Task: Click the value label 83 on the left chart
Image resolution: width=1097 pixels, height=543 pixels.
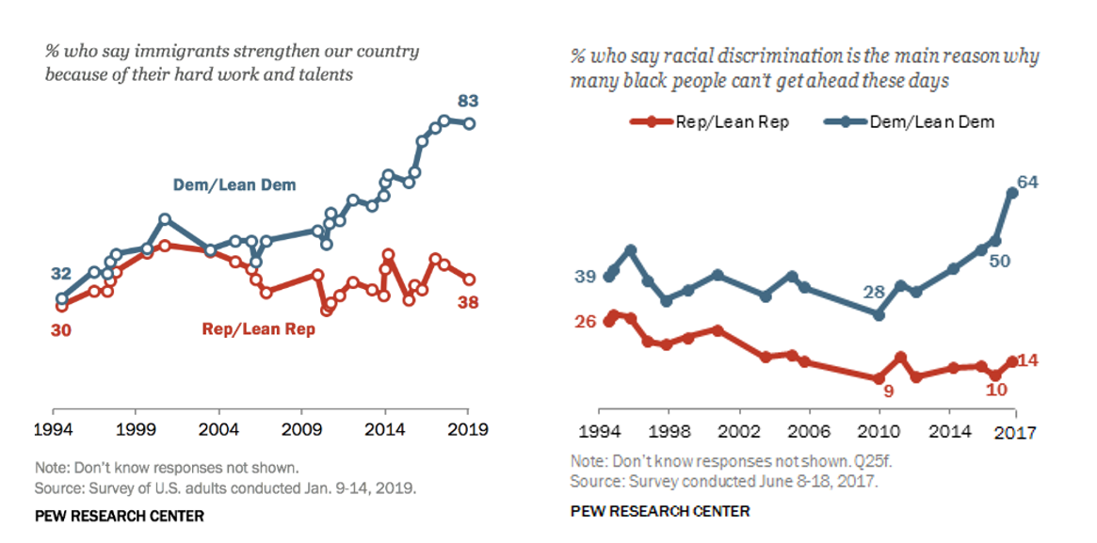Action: click(468, 100)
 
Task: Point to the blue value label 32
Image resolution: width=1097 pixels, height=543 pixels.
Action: click(61, 274)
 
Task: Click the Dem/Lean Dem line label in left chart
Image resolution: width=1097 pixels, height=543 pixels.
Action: click(234, 184)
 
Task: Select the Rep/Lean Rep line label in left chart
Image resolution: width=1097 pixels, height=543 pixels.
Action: click(258, 329)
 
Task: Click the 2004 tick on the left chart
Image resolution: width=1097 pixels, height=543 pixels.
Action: click(218, 429)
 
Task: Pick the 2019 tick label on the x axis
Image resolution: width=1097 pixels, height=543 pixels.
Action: click(468, 429)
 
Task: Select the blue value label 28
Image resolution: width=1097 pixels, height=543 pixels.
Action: click(875, 292)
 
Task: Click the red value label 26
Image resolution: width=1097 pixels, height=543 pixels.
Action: click(586, 321)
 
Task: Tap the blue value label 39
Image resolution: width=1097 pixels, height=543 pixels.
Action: click(585, 276)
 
